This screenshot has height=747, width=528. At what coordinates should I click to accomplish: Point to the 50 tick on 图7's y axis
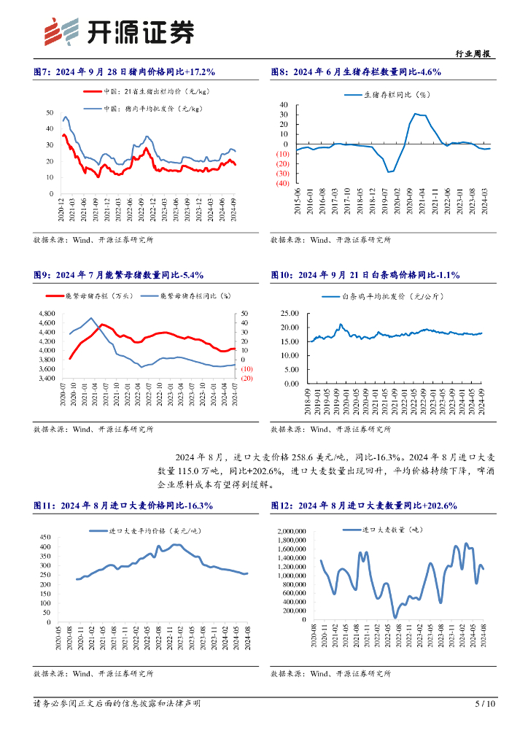(50, 112)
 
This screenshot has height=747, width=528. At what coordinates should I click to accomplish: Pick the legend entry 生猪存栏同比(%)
(397, 95)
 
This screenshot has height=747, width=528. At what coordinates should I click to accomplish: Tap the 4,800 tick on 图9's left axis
(44, 314)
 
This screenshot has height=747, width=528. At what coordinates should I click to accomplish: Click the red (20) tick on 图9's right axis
(246, 378)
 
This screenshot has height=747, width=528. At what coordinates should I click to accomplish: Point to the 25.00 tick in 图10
(290, 313)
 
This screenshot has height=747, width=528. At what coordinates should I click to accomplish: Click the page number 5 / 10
(485, 704)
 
